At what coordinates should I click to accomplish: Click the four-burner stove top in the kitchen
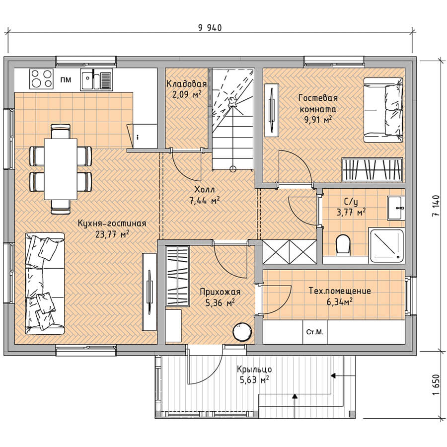[x=41, y=78]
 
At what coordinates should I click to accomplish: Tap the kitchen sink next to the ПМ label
[x=96, y=79]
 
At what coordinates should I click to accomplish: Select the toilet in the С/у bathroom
[x=343, y=244]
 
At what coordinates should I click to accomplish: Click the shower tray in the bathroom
[x=386, y=245]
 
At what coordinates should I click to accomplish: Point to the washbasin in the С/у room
[x=396, y=208]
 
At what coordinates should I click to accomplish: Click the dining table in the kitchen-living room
[x=61, y=169]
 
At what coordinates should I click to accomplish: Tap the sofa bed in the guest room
[x=383, y=110]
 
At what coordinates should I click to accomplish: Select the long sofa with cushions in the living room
[x=45, y=284]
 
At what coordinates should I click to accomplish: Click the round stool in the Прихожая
[x=242, y=332]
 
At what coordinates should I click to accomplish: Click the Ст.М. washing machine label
[x=315, y=332]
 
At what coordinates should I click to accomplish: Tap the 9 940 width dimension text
[x=210, y=28]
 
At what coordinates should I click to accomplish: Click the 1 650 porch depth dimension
[x=435, y=385]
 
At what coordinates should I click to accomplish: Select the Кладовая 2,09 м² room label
[x=186, y=89]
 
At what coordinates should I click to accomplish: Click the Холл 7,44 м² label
[x=205, y=195]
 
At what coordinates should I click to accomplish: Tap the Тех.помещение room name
[x=340, y=291]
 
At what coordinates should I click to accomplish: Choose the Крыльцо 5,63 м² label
[x=254, y=374]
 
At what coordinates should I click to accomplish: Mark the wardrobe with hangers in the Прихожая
[x=177, y=277]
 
